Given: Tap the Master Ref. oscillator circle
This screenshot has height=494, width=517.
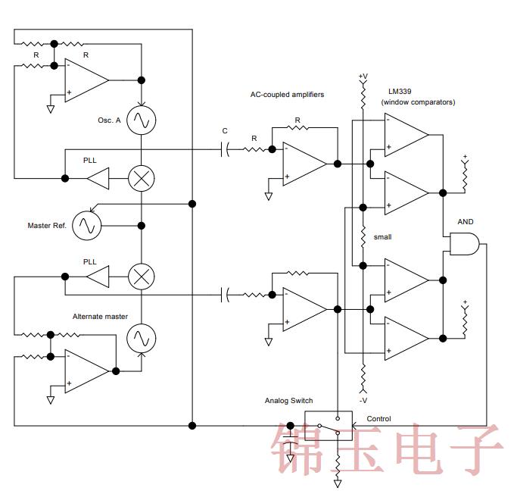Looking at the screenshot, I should pos(87,225).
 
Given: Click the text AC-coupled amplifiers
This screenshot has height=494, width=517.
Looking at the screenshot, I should pos(287,95).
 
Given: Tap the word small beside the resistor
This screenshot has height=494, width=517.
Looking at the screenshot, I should pos(382,237).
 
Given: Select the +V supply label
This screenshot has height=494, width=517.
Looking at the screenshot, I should pos(363,77).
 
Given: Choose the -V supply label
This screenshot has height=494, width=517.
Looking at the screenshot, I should pos(363,400).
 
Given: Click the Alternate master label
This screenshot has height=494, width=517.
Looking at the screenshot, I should pos(100,316).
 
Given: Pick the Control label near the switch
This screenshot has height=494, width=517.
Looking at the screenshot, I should pos(378,418).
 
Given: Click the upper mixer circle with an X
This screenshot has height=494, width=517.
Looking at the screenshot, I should pos(141,178).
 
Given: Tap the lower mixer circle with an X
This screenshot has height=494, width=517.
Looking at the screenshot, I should pos(141,276).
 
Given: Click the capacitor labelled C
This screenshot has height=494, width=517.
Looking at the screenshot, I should pos(225,149).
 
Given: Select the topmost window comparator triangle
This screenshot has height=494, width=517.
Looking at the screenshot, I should pos(405,133).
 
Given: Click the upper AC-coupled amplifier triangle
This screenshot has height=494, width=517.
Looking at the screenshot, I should pos(304,163).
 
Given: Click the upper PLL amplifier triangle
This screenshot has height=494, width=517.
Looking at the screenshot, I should pos(98,179).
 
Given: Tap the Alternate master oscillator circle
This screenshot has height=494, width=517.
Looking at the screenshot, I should pos(141,338).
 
